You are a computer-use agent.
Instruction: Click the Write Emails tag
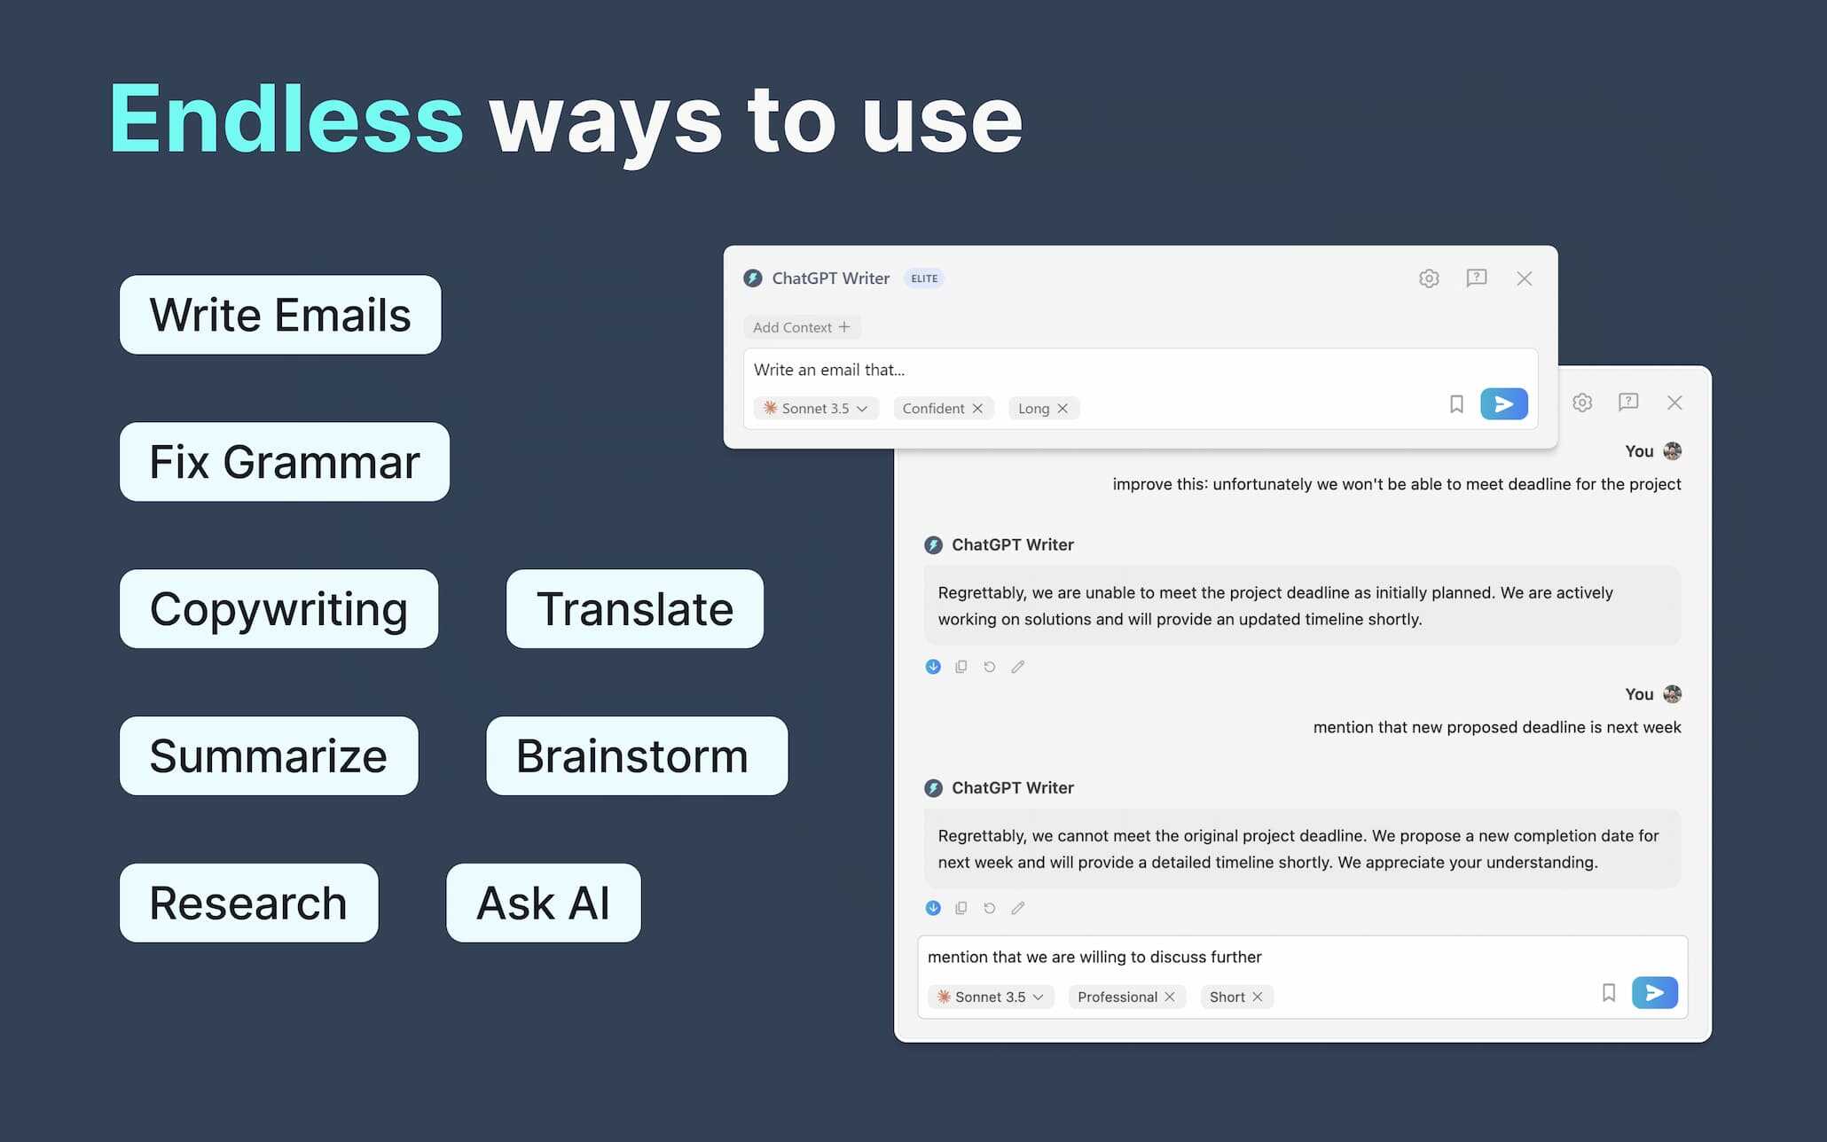[x=280, y=315]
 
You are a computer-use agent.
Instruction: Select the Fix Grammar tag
[x=285, y=462]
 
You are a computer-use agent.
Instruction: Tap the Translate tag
[x=635, y=609]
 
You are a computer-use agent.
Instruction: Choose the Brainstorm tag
[x=637, y=756]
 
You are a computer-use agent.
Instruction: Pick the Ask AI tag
[x=544, y=903]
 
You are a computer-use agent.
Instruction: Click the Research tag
[x=249, y=903]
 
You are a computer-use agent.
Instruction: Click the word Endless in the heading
[x=286, y=118]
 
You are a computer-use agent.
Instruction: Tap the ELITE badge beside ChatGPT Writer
[x=924, y=278]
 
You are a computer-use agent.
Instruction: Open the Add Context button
[x=802, y=327]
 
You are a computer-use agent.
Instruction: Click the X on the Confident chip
[x=977, y=409]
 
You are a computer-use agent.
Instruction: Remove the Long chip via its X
[x=1062, y=409]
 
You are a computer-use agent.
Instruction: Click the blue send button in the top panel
[x=1504, y=404]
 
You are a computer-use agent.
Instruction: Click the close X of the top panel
[x=1525, y=278]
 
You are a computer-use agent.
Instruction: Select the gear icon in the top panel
[x=1429, y=278]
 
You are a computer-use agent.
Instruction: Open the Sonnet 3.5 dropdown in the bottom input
[x=991, y=997]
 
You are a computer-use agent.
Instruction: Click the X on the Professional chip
[x=1170, y=997]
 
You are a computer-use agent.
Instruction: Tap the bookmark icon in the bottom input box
[x=1609, y=993]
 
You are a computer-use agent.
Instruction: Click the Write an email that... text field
[x=1091, y=370]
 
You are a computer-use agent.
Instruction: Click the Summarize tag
[x=269, y=756]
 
